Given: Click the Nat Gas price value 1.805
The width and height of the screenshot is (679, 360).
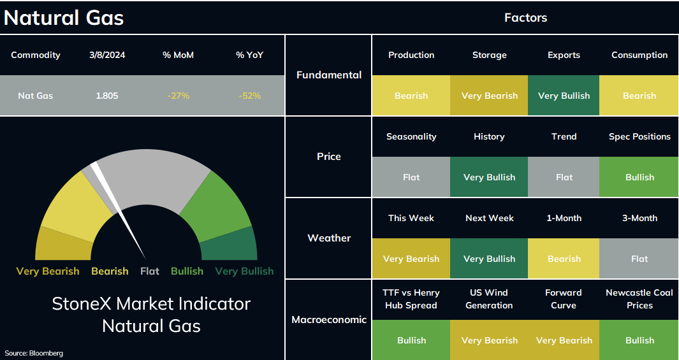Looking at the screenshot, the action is pyautogui.click(x=107, y=96).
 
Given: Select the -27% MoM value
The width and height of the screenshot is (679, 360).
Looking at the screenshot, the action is pyautogui.click(x=179, y=96).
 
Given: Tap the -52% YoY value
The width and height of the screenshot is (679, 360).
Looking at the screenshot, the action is pyautogui.click(x=250, y=96).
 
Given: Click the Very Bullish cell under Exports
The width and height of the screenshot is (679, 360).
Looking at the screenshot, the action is pyautogui.click(x=564, y=96).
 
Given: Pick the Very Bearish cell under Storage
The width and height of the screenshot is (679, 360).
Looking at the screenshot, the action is pyautogui.click(x=490, y=96).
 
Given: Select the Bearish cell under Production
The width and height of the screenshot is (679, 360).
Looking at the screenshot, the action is pyautogui.click(x=411, y=96).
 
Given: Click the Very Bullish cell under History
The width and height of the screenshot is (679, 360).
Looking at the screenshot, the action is pyautogui.click(x=490, y=177).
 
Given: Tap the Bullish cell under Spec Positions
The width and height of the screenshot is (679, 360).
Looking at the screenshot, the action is pyautogui.click(x=639, y=177).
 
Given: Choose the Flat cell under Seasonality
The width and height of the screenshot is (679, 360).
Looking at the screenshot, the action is pyautogui.click(x=411, y=177).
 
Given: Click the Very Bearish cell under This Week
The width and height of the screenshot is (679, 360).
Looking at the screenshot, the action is pyautogui.click(x=411, y=258).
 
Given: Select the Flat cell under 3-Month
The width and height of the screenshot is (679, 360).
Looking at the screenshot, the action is pyautogui.click(x=639, y=258).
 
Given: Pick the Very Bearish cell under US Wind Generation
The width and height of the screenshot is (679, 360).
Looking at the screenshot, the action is pyautogui.click(x=490, y=340).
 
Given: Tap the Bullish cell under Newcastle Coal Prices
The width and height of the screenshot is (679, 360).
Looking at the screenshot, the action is pyautogui.click(x=639, y=340).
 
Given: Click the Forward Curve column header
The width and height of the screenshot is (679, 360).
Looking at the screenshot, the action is pyautogui.click(x=564, y=299).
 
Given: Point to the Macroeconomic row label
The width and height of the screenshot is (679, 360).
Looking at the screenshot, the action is pyautogui.click(x=329, y=320).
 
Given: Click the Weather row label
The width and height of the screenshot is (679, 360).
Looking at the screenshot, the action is pyautogui.click(x=329, y=238).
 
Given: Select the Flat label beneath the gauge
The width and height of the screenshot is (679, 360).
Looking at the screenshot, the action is pyautogui.click(x=150, y=271).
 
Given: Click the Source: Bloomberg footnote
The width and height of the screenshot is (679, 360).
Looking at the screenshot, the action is pyautogui.click(x=34, y=353).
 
